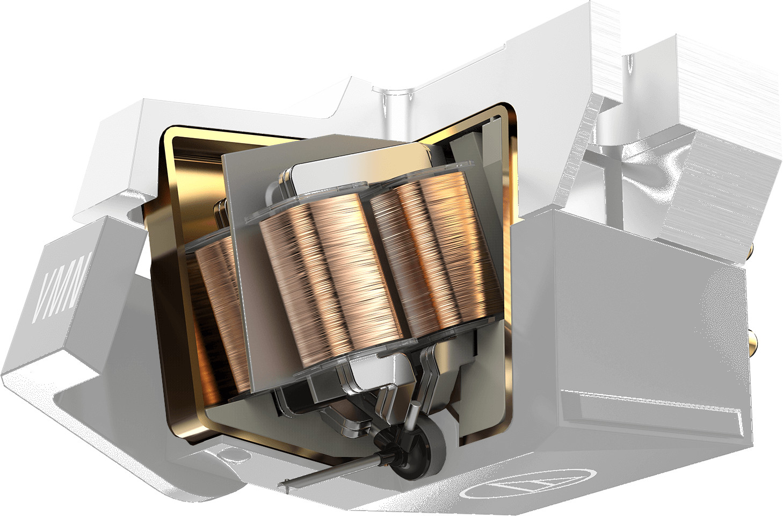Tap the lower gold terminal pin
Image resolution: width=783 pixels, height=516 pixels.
tap(751, 345)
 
